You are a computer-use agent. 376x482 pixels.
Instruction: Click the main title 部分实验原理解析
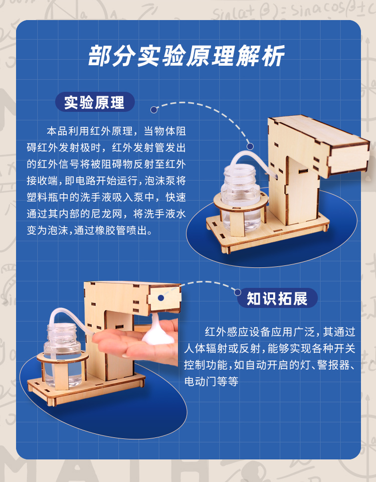tap(186, 56)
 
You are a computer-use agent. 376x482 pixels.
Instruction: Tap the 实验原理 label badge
tap(95, 102)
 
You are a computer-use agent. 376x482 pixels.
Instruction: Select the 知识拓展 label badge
tap(277, 298)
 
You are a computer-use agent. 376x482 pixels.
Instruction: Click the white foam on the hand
tap(158, 332)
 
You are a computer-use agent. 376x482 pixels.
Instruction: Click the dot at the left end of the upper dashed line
tap(154, 110)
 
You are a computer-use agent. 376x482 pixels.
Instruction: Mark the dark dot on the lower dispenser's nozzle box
tap(161, 298)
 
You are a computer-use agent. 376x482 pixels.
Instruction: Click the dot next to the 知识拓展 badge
tap(238, 292)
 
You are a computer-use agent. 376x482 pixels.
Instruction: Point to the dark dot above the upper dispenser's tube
tap(250, 146)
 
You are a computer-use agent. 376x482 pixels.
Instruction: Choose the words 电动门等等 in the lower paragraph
tap(212, 382)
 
